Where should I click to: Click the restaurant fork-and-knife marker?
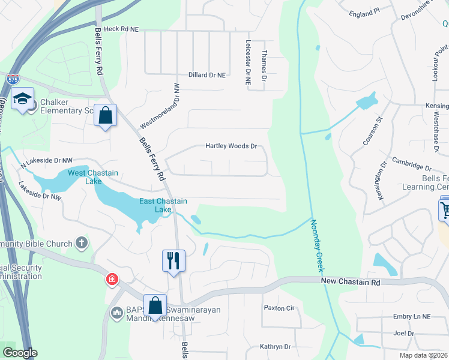tap(173, 260)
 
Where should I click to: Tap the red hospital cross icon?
tap(112, 280)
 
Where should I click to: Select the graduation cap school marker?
tap(23, 99)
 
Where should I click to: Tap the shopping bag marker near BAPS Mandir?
tap(155, 305)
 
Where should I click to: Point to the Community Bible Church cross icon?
tap(82, 244)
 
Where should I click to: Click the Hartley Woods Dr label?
tap(231, 146)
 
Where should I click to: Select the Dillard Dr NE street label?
tap(207, 75)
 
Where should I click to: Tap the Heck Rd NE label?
tap(121, 29)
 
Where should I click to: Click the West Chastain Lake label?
tap(93, 177)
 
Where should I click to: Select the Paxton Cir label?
tap(279, 308)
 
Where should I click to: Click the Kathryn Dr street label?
tap(275, 347)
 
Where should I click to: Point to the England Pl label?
tap(364, 11)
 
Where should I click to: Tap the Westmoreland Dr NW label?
tap(160, 106)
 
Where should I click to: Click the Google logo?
tap(20, 353)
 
